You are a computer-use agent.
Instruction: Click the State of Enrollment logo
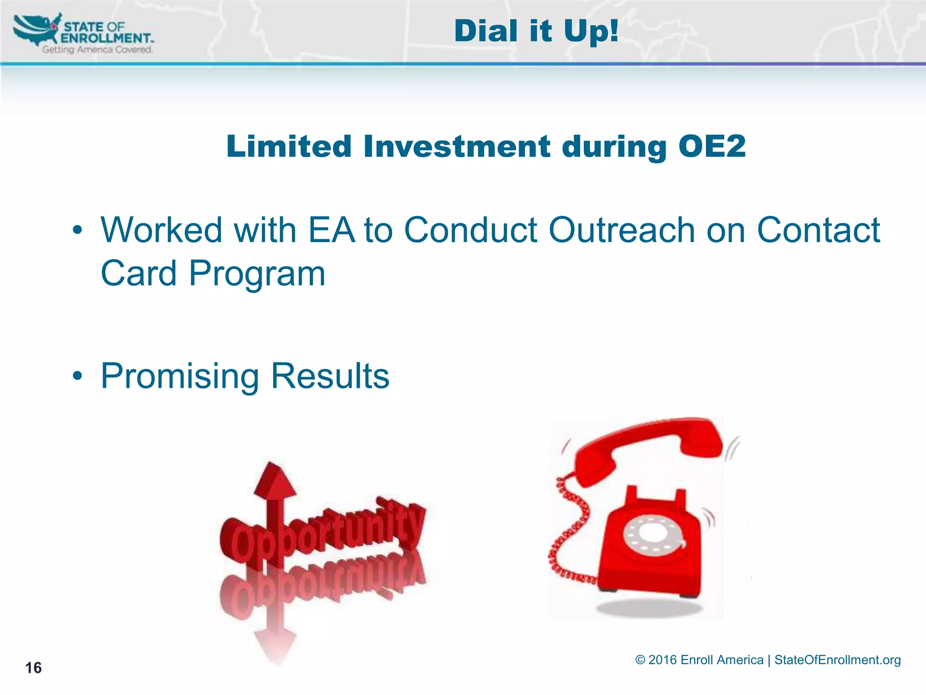pyautogui.click(x=84, y=34)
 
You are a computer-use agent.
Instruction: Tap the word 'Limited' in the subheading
pyautogui.click(x=289, y=147)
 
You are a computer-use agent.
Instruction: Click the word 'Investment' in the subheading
pyautogui.click(x=457, y=147)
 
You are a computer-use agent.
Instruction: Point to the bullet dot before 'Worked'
pyautogui.click(x=77, y=230)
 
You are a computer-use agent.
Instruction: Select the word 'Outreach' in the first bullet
pyautogui.click(x=622, y=230)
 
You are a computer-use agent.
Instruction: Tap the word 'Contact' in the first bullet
pyautogui.click(x=818, y=230)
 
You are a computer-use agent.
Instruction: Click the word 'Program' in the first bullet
pyautogui.click(x=257, y=274)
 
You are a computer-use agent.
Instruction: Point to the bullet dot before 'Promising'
pyautogui.click(x=77, y=376)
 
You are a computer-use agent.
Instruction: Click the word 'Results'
pyautogui.click(x=330, y=376)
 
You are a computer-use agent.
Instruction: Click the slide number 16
pyautogui.click(x=33, y=668)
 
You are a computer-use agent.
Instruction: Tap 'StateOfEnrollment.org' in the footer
pyautogui.click(x=837, y=660)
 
